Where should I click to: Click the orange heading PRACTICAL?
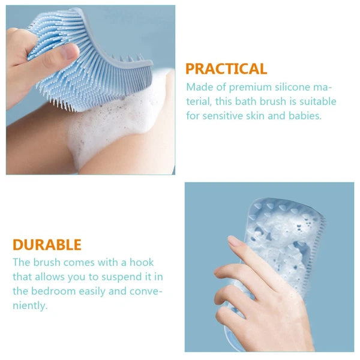pyautogui.click(x=226, y=68)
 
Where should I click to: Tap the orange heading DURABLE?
pyautogui.click(x=47, y=245)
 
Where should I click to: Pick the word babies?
pyautogui.click(x=305, y=116)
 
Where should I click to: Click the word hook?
pyautogui.click(x=142, y=262)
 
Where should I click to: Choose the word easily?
pyautogui.click(x=92, y=292)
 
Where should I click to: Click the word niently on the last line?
pyautogui.click(x=30, y=306)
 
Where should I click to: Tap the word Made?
pyautogui.click(x=200, y=87)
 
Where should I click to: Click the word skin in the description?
pyautogui.click(x=256, y=116)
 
